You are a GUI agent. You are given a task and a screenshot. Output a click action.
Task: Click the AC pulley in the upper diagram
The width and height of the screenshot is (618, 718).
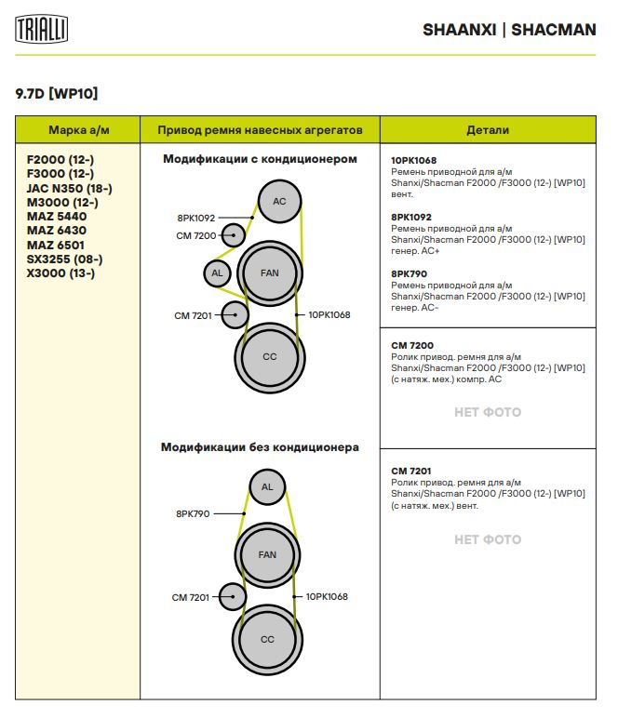pos(279,202)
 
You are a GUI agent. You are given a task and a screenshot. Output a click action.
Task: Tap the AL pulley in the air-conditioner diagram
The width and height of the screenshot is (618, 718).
pos(217,273)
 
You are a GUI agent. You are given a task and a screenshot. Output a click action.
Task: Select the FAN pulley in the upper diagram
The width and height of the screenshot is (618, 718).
pos(269,273)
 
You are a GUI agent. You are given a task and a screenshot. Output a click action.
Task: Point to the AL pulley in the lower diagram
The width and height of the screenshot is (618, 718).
pos(267,487)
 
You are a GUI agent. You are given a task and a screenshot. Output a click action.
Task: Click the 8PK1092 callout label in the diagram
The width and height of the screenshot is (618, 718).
pos(195,218)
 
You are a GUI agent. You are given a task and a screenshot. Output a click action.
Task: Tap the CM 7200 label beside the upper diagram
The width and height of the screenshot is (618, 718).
pos(195,236)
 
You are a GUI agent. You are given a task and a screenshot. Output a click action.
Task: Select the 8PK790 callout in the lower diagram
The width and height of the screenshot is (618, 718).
pos(193,513)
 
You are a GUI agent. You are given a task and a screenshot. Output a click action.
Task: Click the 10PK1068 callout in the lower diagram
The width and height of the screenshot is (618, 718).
pos(327,596)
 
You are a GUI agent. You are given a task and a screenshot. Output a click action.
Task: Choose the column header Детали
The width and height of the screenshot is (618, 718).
pos(488,129)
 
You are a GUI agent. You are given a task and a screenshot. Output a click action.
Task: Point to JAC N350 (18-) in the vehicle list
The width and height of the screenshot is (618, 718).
pos(70,188)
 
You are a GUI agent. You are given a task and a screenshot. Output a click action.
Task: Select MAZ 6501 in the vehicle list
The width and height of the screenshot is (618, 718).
pos(56,245)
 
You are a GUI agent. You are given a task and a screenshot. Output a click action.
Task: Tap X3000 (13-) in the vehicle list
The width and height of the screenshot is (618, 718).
pos(61,273)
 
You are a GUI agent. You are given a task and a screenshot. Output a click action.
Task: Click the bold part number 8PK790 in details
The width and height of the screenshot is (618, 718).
pos(409,273)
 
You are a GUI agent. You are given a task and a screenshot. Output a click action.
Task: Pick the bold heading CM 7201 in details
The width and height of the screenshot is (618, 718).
pos(411,471)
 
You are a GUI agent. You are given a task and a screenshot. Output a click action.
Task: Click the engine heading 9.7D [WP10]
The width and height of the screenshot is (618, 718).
pos(57,93)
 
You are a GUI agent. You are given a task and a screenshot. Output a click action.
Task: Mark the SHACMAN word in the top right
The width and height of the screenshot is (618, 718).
pos(554,30)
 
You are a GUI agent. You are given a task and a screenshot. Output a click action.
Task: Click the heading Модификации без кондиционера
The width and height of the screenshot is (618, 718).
pos(260,447)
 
